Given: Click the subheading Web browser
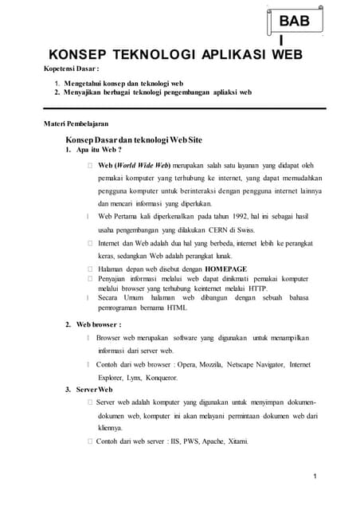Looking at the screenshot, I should coord(98,324).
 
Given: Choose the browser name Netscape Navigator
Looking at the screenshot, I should coord(254,364).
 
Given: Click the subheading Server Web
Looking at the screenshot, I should coord(93,390).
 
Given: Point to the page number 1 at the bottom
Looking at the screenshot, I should coord(315,477).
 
